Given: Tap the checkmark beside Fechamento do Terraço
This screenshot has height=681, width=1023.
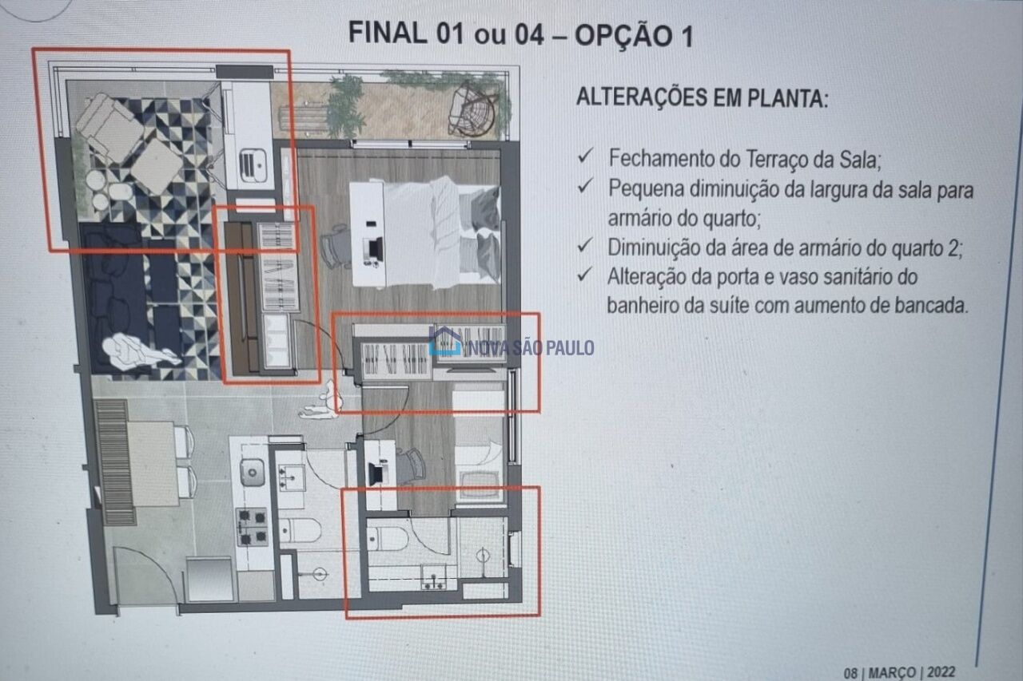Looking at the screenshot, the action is tap(585, 156).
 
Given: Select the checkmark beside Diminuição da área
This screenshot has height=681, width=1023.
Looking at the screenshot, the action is tap(585, 246).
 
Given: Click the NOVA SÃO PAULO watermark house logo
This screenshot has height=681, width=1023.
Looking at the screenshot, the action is tap(444, 341).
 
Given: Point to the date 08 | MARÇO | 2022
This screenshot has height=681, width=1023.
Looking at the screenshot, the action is tap(899, 672).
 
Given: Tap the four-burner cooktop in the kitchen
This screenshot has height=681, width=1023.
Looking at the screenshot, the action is tap(252, 527).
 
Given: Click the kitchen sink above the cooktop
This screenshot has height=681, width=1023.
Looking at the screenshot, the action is tap(252, 472).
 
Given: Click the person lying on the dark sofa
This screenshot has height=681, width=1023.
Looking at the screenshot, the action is tap(139, 351).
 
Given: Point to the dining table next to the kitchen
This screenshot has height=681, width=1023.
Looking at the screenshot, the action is tap(153, 464).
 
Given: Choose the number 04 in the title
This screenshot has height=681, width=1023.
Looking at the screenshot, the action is tap(529, 34).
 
